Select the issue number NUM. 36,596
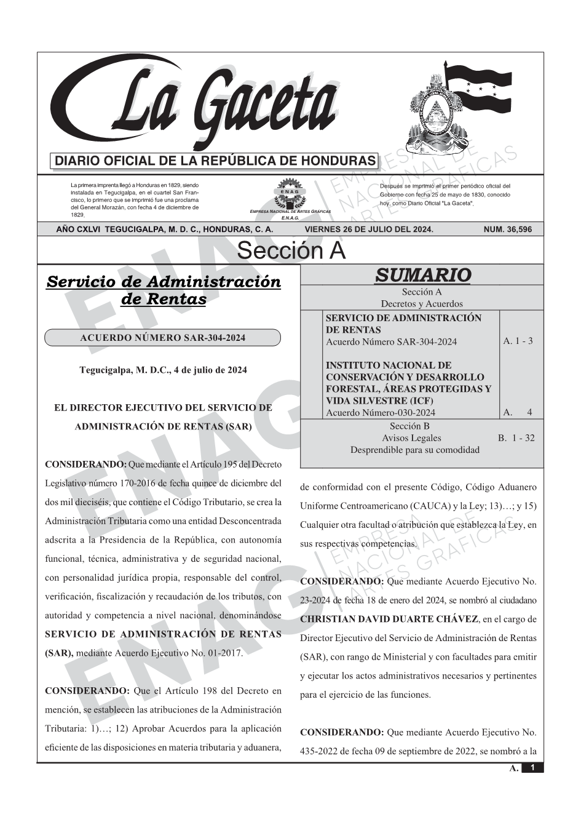(507, 229)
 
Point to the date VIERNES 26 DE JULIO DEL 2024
(369, 229)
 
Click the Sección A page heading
(291, 251)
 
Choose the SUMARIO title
(422, 275)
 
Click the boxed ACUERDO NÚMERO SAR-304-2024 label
(163, 338)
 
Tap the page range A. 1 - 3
(518, 341)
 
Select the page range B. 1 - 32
(516, 438)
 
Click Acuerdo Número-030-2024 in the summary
(381, 412)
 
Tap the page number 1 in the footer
(532, 768)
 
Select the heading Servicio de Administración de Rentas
(164, 290)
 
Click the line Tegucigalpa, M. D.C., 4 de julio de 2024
(163, 370)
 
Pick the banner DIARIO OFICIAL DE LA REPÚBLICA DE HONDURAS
(215, 161)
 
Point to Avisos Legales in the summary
(411, 438)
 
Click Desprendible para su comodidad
(414, 450)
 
